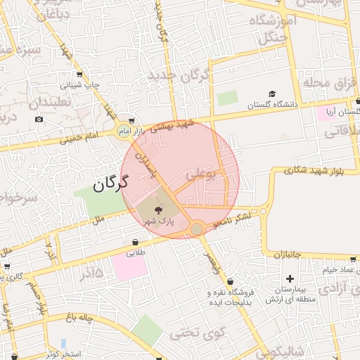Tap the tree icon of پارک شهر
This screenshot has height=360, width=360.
tap(157, 209)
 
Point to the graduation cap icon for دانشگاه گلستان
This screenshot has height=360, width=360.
tap(271, 94)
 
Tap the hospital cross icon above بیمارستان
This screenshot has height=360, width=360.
tap(289, 279)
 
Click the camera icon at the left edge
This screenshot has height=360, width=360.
tap(39, 119)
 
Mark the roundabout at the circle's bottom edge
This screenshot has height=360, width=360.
tap(197, 229)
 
